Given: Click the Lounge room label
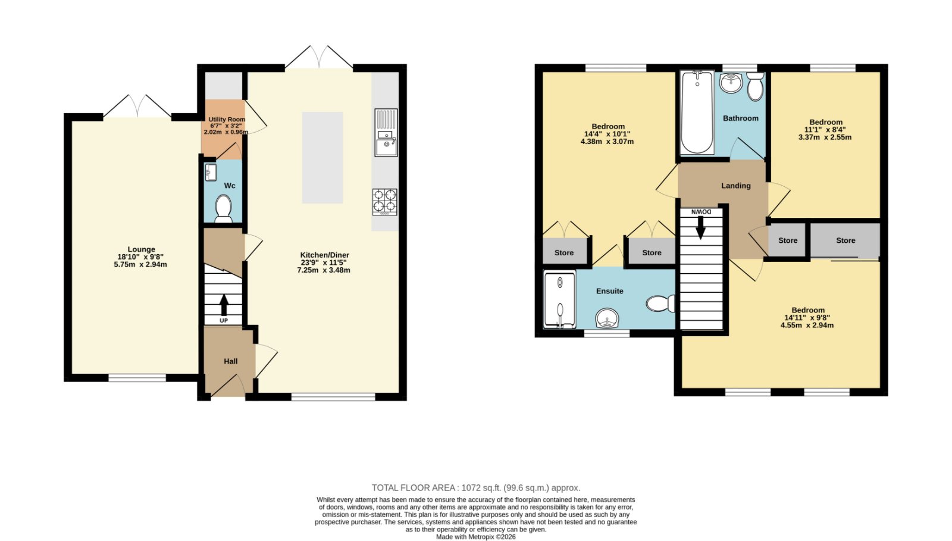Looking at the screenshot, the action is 142,249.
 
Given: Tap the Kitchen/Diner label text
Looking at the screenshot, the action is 324,255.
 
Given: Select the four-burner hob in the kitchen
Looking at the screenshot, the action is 385,202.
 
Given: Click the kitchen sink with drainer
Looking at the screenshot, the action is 386,133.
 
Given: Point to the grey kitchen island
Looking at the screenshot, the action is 322,158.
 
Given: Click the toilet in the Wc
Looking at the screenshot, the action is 223,209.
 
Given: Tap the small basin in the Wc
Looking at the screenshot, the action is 211,172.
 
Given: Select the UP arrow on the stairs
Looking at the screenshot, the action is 224,304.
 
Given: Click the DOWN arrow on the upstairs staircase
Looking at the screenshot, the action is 700,228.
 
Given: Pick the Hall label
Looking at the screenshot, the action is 231,361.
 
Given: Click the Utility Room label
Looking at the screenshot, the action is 227,120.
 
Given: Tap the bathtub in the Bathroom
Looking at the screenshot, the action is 697,112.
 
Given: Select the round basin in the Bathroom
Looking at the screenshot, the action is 731,83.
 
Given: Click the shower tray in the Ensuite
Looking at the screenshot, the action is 560,299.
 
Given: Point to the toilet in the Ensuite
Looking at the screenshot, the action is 660,304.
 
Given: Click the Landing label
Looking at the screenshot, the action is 735,186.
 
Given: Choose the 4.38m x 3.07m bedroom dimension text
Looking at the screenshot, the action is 607,142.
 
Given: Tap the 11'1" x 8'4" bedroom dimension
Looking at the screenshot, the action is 825,130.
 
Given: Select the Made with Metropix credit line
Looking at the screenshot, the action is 475,537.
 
